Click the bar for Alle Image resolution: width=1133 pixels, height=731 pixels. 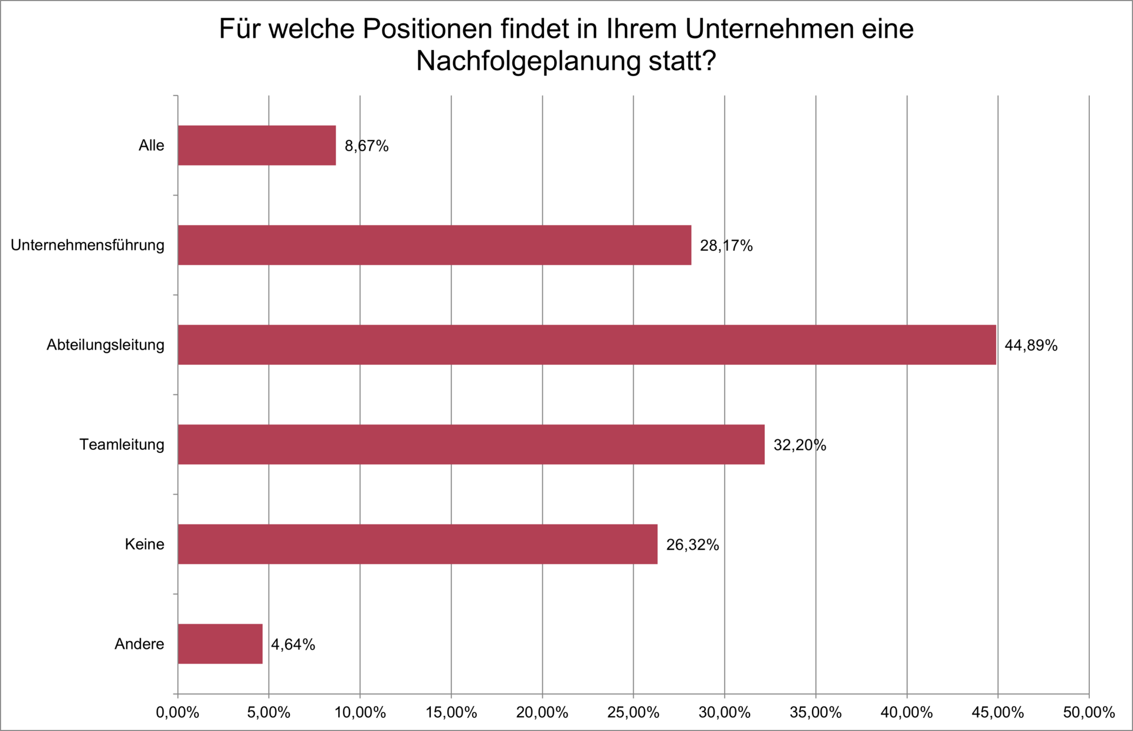tap(257, 145)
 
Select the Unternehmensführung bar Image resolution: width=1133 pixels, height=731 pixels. tap(434, 245)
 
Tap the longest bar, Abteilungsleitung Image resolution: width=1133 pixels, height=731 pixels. tap(587, 345)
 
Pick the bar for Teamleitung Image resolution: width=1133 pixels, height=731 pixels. tap(471, 445)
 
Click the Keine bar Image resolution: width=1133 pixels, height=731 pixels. tap(417, 544)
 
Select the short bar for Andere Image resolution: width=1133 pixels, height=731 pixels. tap(220, 644)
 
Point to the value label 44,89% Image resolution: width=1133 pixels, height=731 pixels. tap(1031, 345)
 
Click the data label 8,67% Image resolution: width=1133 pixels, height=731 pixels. tap(366, 146)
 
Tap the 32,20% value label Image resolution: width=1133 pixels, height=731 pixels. tap(800, 445)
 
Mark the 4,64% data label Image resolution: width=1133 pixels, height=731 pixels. tap(293, 645)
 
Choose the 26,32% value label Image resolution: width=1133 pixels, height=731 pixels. tap(692, 545)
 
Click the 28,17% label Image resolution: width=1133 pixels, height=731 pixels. tap(726, 246)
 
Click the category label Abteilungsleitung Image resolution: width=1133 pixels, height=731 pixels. tap(106, 345)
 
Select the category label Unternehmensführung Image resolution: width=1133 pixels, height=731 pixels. tap(87, 245)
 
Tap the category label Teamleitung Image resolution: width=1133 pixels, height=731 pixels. tap(122, 445)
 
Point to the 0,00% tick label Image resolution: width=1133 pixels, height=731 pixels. tap(177, 713)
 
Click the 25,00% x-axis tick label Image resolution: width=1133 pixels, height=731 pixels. tap(633, 713)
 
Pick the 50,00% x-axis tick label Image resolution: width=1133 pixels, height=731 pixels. tap(1089, 713)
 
